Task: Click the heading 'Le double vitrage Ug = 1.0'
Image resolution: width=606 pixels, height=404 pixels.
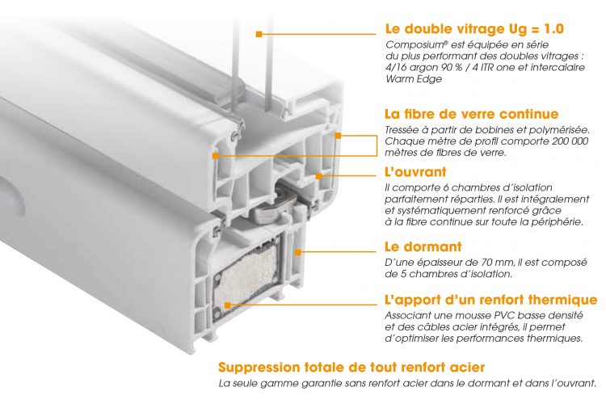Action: tap(474, 29)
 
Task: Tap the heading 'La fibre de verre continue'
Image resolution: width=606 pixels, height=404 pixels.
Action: tap(472, 114)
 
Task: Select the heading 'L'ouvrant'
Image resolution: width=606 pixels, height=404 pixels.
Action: tap(415, 171)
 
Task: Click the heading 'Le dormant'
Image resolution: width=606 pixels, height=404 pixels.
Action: tap(423, 246)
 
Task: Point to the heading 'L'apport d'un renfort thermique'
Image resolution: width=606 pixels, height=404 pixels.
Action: tap(490, 300)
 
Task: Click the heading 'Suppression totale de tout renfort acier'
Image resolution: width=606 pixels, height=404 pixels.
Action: tap(351, 367)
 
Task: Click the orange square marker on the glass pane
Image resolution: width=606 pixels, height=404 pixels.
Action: tap(259, 35)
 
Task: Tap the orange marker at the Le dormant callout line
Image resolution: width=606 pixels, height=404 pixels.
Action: tap(297, 252)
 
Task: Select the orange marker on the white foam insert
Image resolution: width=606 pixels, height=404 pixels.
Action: tap(228, 305)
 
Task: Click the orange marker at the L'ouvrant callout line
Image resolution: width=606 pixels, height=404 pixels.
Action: tap(318, 176)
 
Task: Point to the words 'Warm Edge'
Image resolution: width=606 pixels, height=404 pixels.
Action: tap(414, 79)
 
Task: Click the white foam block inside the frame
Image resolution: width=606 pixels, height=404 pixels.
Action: tap(246, 271)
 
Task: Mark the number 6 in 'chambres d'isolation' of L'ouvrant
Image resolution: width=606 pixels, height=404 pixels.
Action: tap(446, 188)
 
